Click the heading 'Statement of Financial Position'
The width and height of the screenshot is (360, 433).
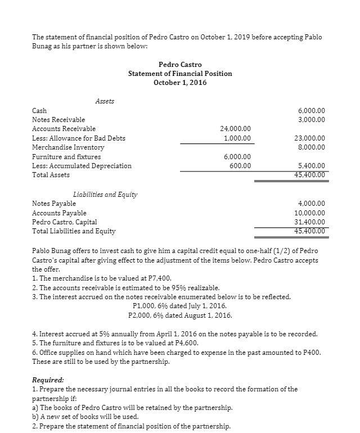tap(179, 74)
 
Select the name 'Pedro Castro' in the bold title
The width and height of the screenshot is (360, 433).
tap(180, 65)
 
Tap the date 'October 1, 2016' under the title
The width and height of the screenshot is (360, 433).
tap(180, 83)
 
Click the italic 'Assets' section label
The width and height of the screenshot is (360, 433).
tap(105, 101)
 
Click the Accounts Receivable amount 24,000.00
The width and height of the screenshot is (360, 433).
tap(238, 129)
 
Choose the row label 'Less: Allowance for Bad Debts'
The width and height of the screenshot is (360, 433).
tap(79, 138)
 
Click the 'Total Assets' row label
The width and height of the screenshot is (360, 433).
tap(51, 175)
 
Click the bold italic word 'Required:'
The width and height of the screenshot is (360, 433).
tap(48, 380)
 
